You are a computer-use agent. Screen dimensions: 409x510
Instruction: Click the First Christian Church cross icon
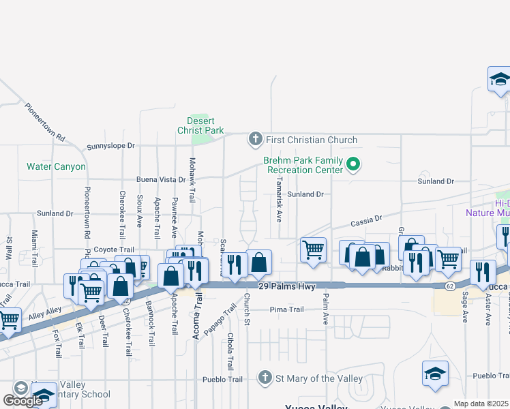(x=256, y=140)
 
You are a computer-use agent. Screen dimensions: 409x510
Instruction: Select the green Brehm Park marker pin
(x=353, y=164)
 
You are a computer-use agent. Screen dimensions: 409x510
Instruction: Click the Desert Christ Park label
(x=200, y=125)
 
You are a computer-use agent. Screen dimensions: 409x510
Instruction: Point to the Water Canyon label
(x=56, y=166)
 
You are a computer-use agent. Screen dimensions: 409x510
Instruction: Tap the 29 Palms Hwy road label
(x=287, y=287)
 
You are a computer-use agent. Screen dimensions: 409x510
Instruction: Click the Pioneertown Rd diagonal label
(x=45, y=122)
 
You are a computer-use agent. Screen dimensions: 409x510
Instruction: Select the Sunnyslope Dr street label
(x=111, y=147)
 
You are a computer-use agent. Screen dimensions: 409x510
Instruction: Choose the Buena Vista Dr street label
(x=161, y=180)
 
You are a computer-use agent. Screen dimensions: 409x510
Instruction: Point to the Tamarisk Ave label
(x=279, y=201)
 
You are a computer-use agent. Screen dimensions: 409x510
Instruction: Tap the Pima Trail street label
(x=286, y=309)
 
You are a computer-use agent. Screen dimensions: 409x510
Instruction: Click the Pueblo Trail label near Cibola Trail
(x=222, y=379)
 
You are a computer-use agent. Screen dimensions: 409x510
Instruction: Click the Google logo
(x=22, y=401)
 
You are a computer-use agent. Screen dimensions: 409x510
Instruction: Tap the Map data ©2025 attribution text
(x=481, y=404)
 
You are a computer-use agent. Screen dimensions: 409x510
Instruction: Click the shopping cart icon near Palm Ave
(x=313, y=249)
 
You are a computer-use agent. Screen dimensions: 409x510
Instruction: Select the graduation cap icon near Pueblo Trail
(x=435, y=374)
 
